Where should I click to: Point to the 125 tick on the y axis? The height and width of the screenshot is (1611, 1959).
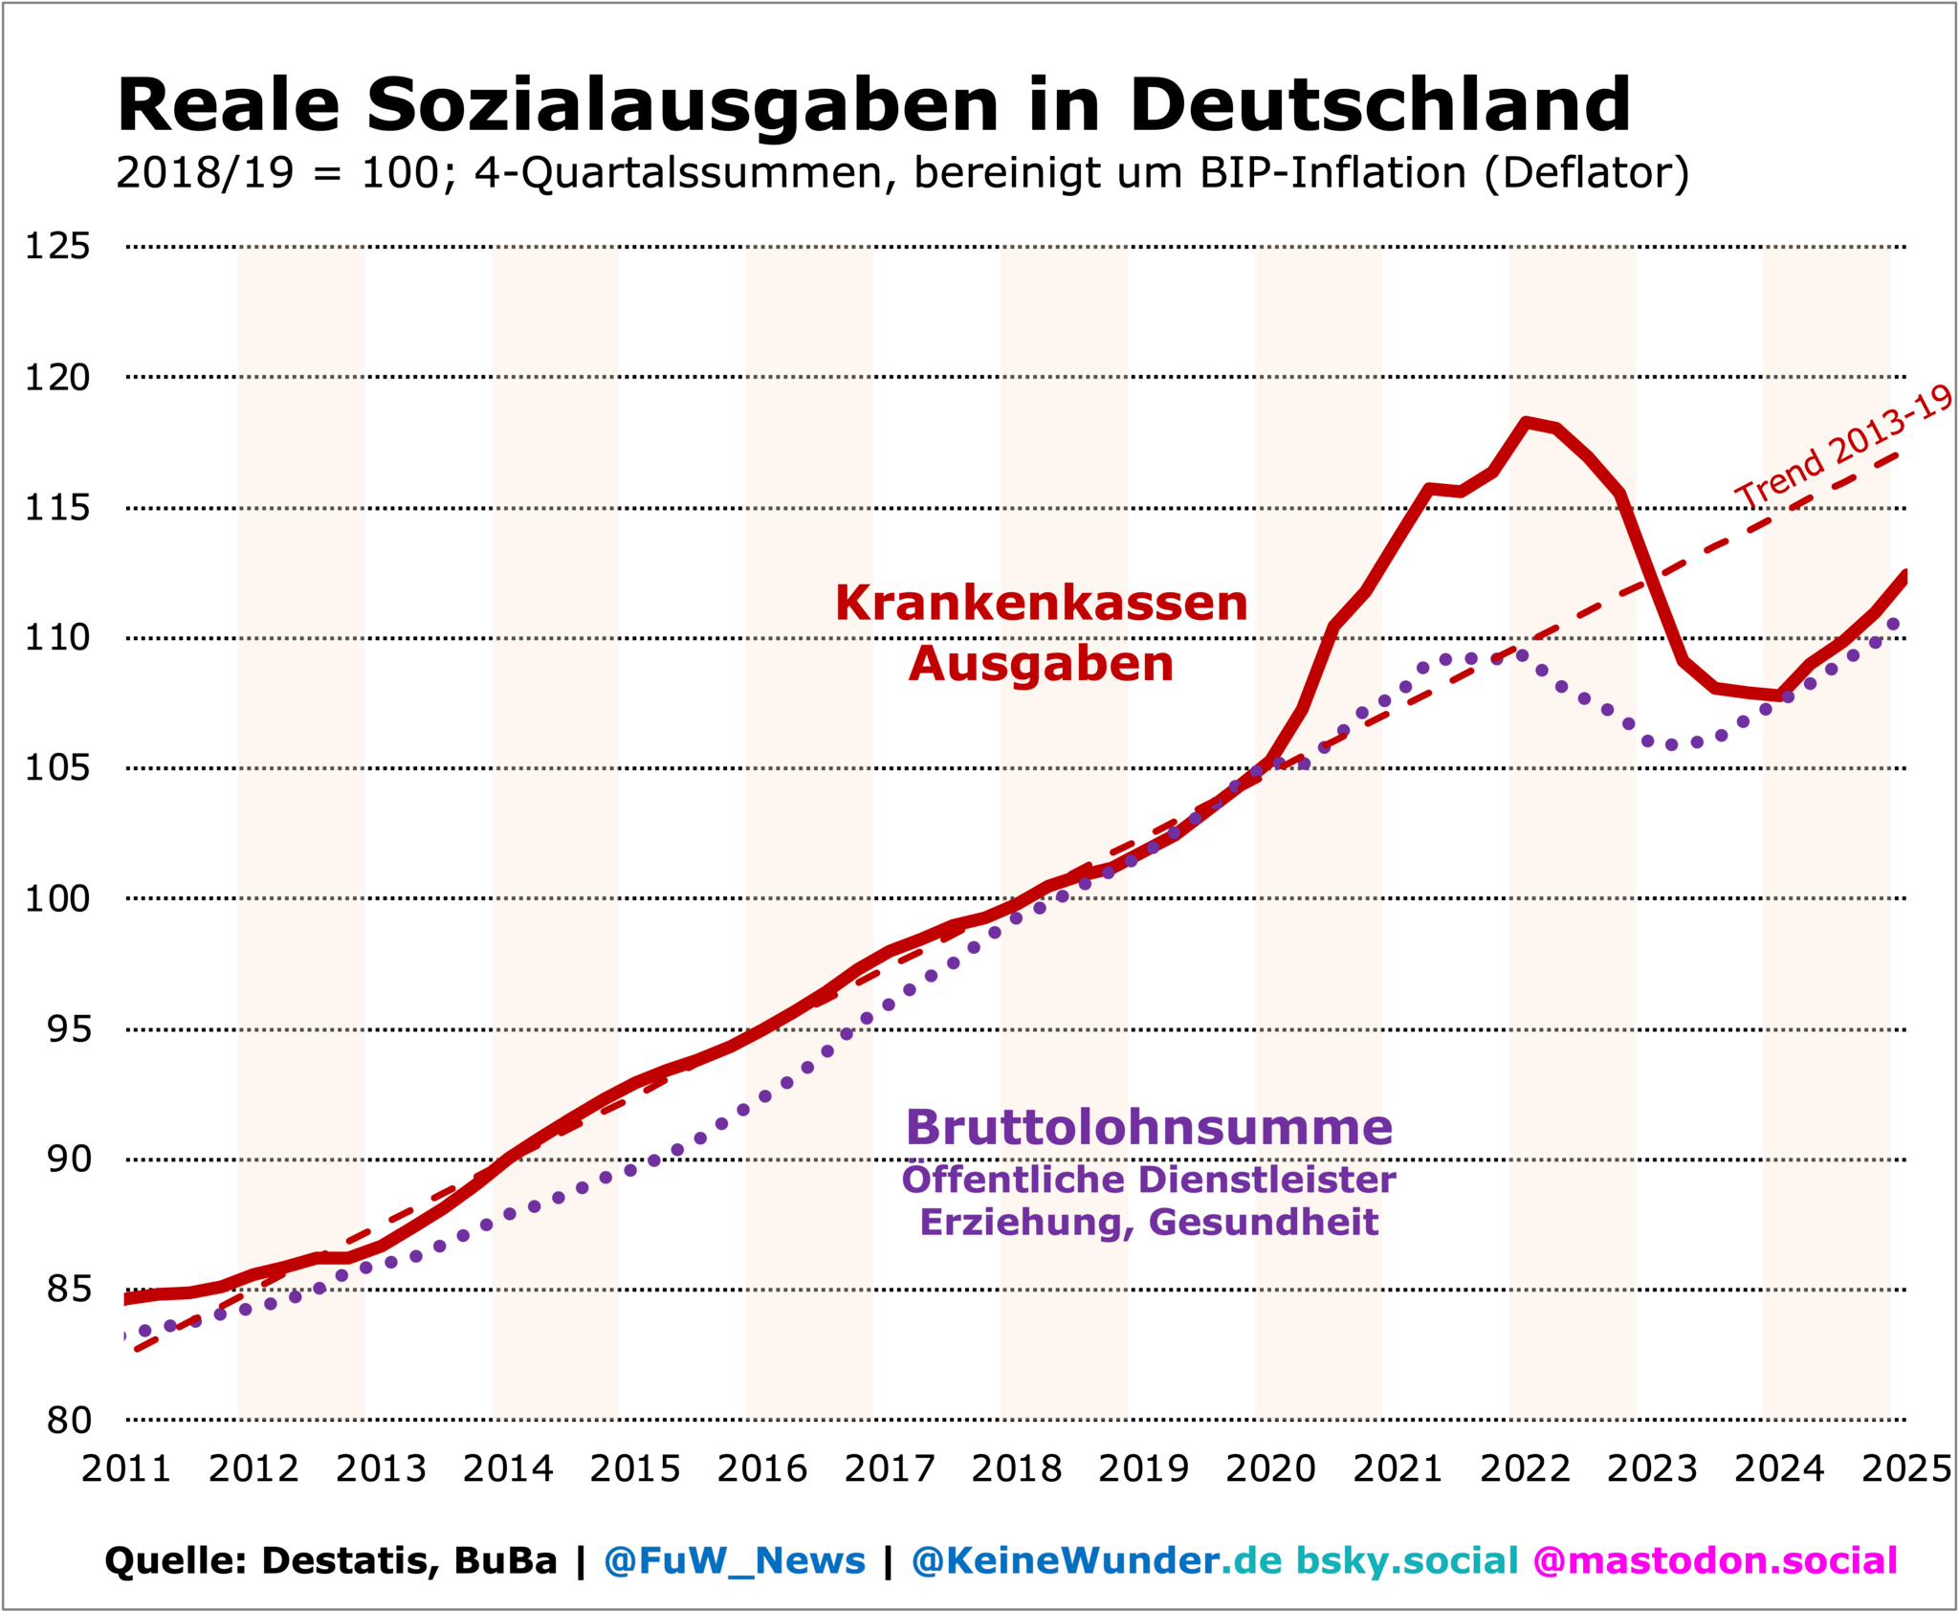(57, 247)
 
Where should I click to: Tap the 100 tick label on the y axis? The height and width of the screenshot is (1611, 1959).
(57, 899)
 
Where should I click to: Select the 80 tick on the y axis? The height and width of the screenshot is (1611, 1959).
(68, 1421)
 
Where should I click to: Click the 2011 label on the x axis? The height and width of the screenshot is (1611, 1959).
(126, 1468)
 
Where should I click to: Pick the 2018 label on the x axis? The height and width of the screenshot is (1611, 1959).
(1017, 1468)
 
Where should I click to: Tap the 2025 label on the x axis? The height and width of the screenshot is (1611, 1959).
(1905, 1468)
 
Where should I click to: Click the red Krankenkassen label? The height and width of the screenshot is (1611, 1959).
(1041, 604)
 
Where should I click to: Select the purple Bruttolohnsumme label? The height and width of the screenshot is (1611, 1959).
(1148, 1127)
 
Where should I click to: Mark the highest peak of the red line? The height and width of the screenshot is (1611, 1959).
(1527, 422)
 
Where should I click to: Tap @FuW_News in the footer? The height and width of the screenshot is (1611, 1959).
(734, 1560)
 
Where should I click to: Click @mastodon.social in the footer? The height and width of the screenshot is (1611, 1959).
(1714, 1560)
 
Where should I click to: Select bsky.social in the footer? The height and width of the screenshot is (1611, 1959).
(1406, 1560)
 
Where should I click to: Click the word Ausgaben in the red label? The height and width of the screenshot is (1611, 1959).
(1041, 664)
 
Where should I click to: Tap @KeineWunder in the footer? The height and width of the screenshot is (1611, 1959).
(1065, 1560)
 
